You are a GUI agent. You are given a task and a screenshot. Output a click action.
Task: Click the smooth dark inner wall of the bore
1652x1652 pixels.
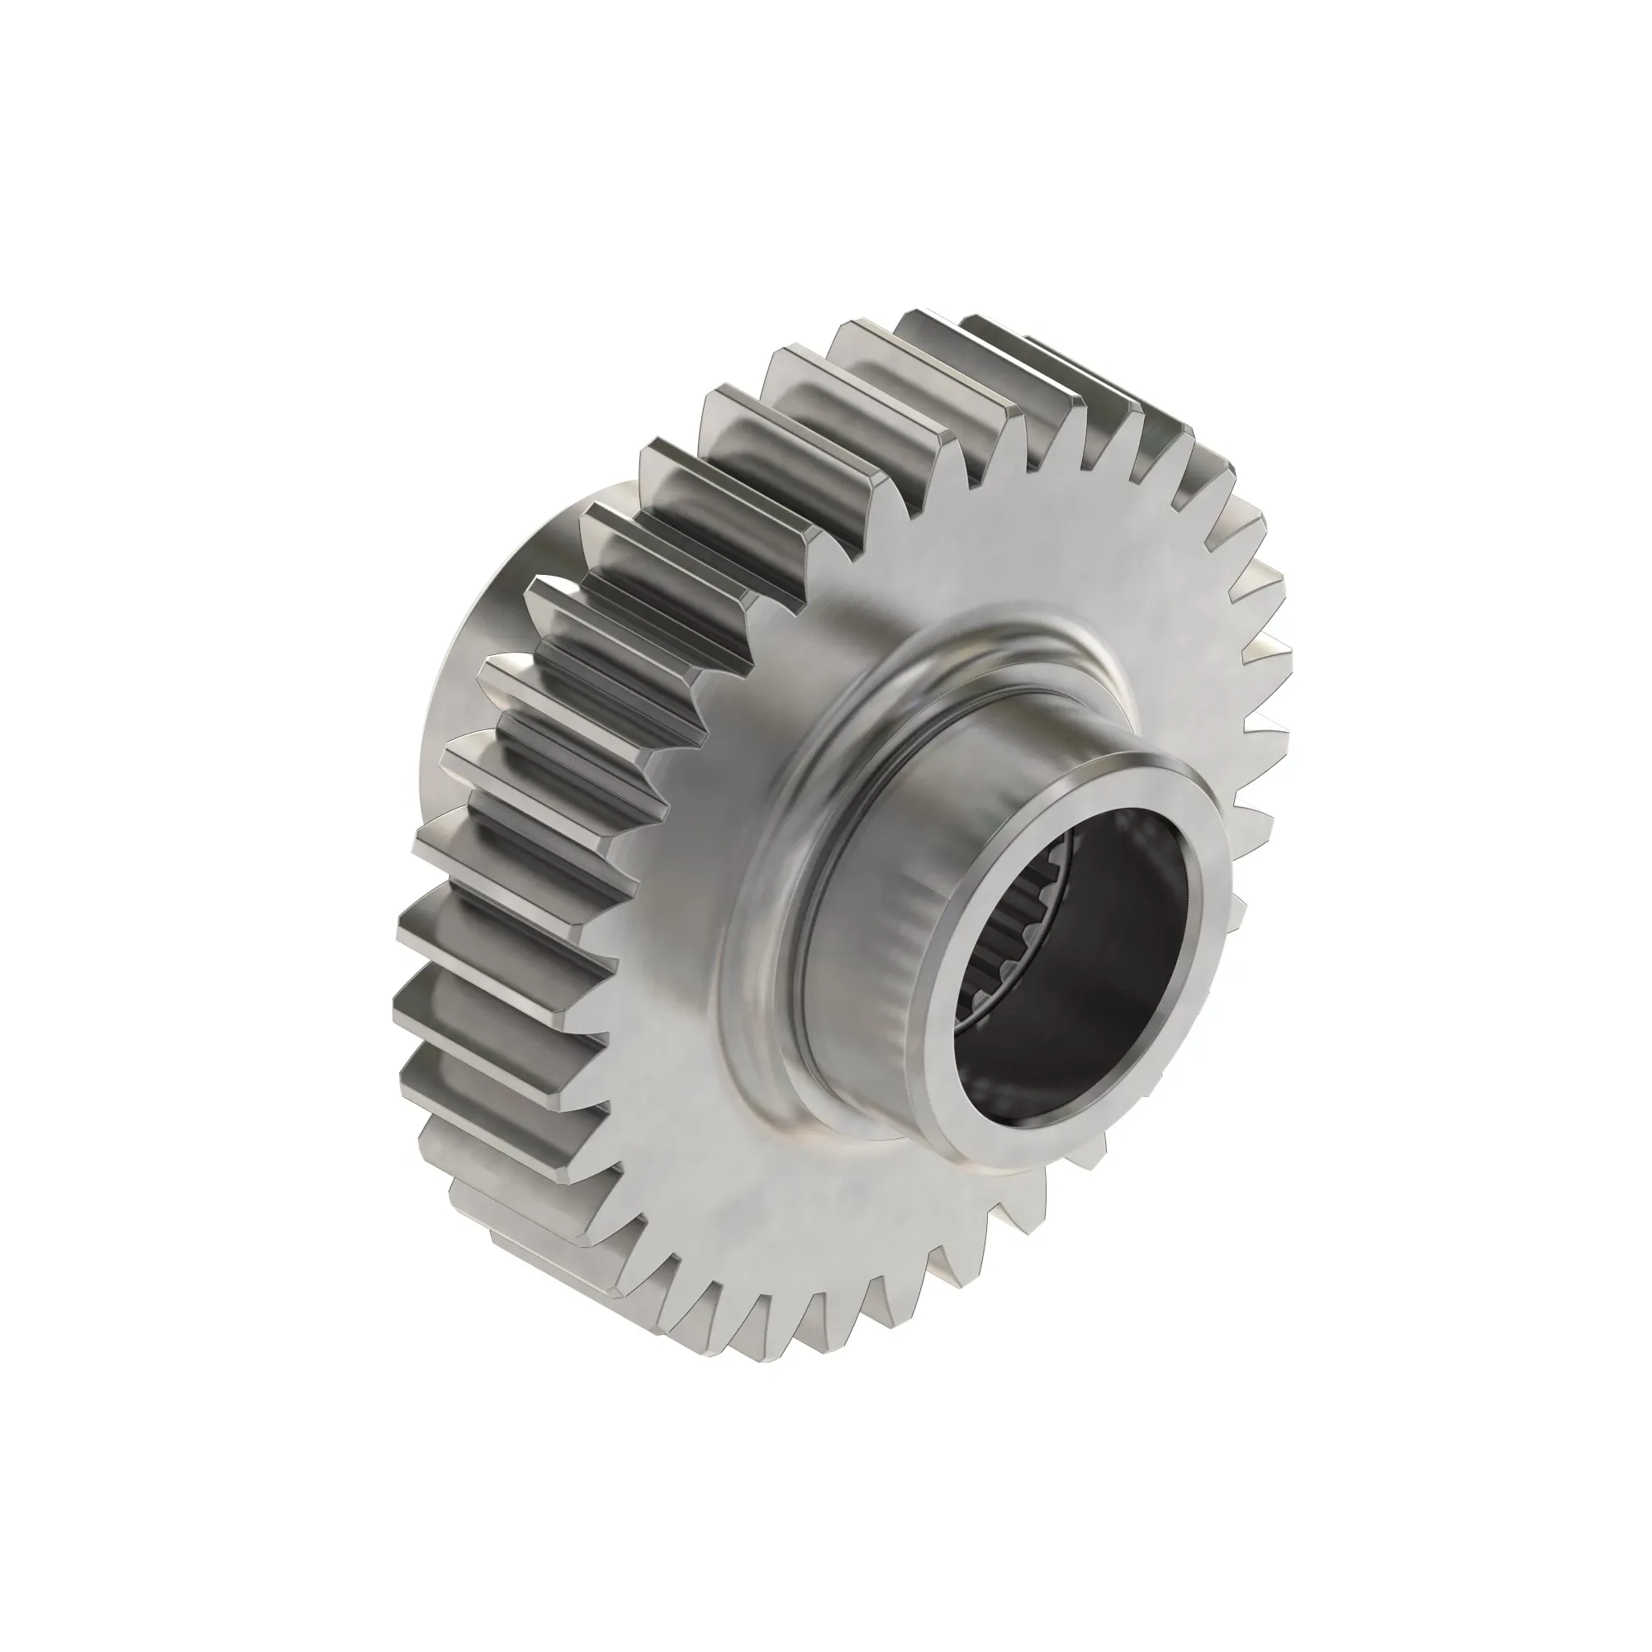coord(1112,957)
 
